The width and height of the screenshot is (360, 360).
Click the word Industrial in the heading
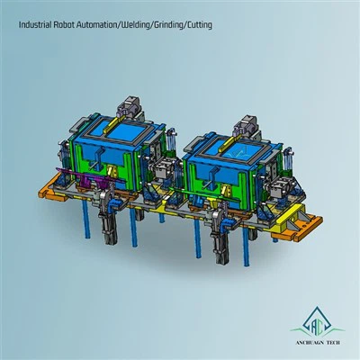coord(35,24)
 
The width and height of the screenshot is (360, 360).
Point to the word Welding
coord(135,25)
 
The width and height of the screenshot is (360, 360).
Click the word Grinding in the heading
coord(168,25)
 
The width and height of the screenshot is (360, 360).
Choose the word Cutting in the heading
coord(199,25)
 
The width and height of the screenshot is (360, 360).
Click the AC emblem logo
coord(317,322)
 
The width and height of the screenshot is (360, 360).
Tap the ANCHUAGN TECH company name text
coord(317,343)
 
